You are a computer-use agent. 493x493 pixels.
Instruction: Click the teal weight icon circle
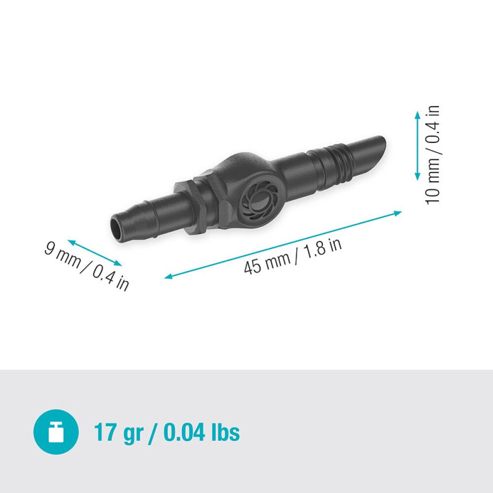click(x=56, y=432)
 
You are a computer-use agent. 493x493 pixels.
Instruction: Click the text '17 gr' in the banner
click(x=118, y=432)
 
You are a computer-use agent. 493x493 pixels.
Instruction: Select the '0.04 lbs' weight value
click(x=202, y=432)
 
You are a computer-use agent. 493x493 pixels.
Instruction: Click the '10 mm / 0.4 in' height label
click(x=432, y=154)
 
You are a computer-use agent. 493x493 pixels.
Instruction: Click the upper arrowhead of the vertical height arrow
click(x=417, y=114)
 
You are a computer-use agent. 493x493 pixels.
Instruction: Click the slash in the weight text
click(x=153, y=432)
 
